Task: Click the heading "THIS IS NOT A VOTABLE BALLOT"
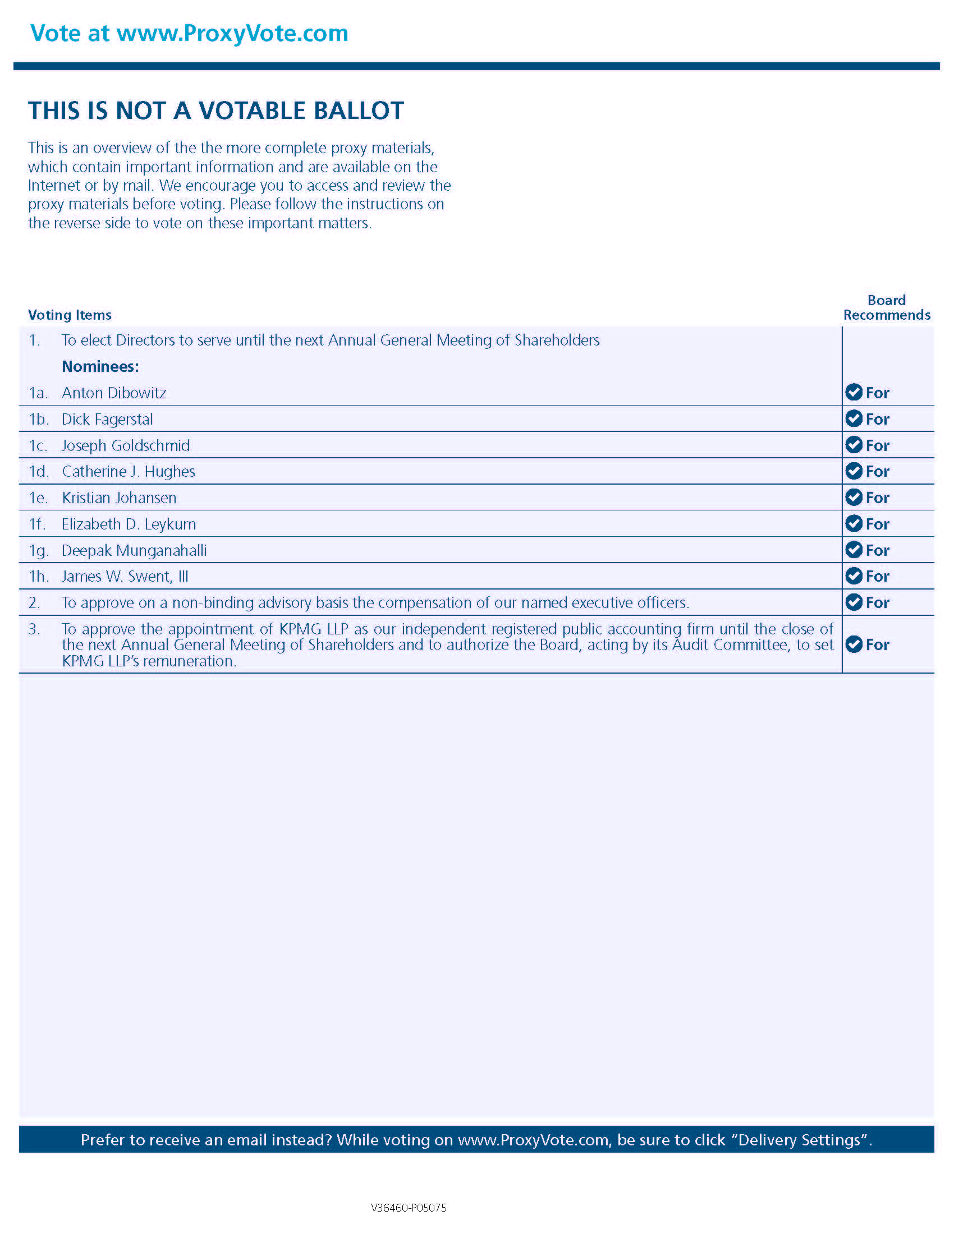pos(216,110)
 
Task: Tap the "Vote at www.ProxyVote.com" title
pos(189,33)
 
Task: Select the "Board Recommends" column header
pos(886,307)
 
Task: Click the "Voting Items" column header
pos(70,315)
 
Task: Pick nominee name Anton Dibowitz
pos(113,393)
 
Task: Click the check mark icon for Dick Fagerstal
pos(854,418)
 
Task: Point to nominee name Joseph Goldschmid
pos(126,445)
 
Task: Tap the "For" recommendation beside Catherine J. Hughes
pos(877,471)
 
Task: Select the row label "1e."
pos(38,498)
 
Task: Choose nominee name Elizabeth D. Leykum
pos(129,524)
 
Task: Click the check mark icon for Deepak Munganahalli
pos(854,550)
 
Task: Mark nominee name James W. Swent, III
pos(125,576)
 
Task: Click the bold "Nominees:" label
pos(100,367)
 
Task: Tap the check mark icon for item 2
pos(854,602)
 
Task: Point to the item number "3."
pos(34,629)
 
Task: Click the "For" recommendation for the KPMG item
pos(877,644)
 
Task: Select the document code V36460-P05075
pos(409,1208)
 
